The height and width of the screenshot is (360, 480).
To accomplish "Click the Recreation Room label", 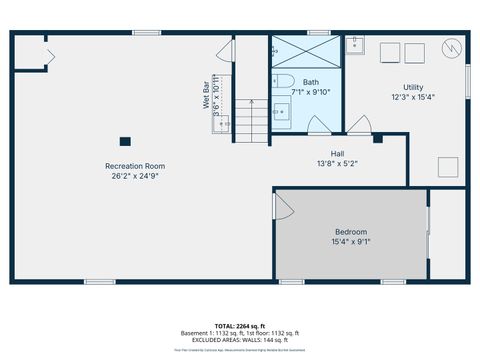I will [135, 166].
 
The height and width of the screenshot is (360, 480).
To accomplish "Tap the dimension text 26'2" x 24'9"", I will [135, 176].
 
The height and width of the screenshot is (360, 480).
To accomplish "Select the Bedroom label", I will [350, 231].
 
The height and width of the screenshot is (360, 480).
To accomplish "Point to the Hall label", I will [338, 153].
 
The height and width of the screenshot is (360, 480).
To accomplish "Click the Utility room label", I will [413, 87].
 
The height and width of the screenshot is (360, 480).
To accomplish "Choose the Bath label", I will [311, 82].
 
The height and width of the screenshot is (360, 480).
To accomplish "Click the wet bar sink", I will [224, 124].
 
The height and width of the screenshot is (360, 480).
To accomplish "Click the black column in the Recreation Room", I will [124, 142].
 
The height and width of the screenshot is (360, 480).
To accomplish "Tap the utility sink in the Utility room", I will [356, 44].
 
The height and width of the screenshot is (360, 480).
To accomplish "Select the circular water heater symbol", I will [451, 47].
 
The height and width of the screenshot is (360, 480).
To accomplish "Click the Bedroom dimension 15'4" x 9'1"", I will [350, 241].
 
